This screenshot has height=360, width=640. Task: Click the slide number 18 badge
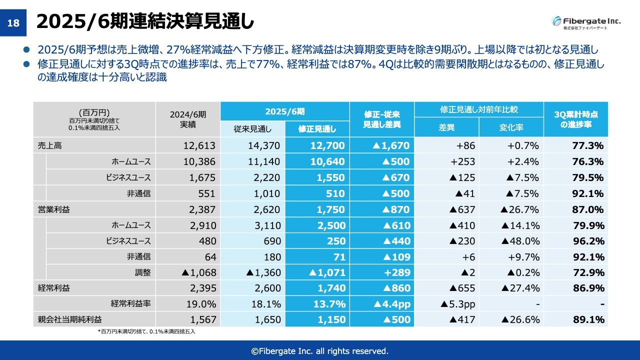pyautogui.click(x=13, y=23)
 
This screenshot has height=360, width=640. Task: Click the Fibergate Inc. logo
pyautogui.click(x=586, y=22)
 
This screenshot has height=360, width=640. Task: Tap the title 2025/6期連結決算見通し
pyautogui.click(x=145, y=22)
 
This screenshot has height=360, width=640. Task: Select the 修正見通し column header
pyautogui.click(x=317, y=129)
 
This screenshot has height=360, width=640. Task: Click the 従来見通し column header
pyautogui.click(x=252, y=129)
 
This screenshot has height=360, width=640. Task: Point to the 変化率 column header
pyautogui.click(x=511, y=127)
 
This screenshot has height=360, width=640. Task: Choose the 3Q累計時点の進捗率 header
pyautogui.click(x=575, y=119)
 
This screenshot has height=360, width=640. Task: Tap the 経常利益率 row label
pyautogui.click(x=131, y=303)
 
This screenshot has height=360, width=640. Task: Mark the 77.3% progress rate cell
pyautogui.click(x=588, y=145)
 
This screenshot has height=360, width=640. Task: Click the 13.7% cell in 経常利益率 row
pyautogui.click(x=329, y=304)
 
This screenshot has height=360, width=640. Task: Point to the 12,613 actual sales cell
pyautogui.click(x=199, y=145)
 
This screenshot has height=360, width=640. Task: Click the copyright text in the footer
pyautogui.click(x=319, y=350)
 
